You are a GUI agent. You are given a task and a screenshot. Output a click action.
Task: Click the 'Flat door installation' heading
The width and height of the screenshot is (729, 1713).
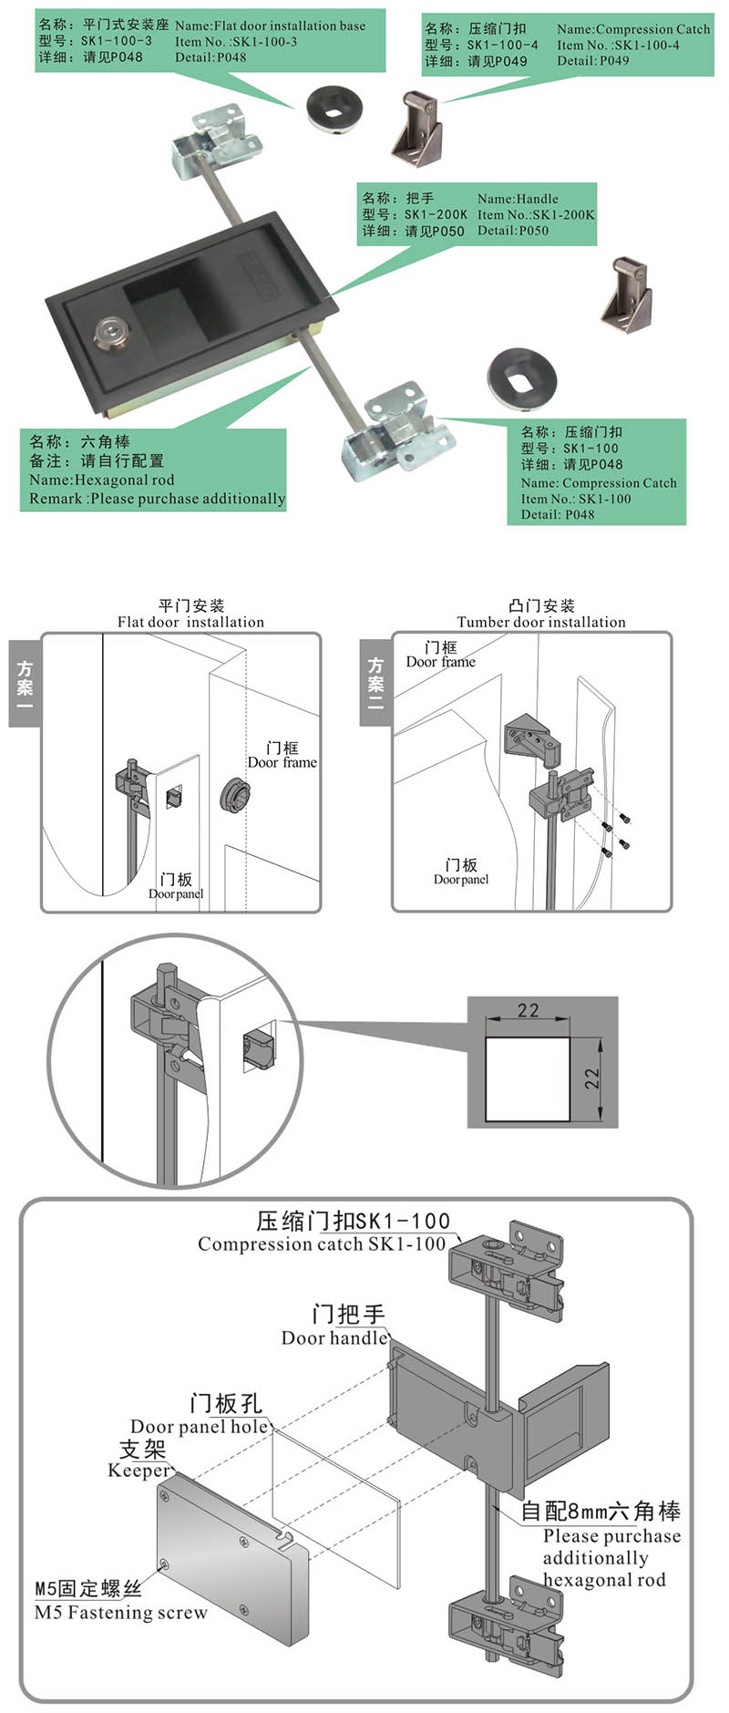click(190, 622)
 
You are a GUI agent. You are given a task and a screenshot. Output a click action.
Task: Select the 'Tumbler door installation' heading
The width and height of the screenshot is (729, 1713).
click(541, 622)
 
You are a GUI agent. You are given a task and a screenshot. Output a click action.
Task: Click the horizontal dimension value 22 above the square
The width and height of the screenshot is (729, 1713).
click(528, 1010)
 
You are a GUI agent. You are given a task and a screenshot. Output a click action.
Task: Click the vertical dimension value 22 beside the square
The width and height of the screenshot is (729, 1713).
click(593, 1078)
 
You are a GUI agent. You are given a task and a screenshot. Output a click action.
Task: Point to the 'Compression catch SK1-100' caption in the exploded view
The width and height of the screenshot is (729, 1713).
click(322, 1243)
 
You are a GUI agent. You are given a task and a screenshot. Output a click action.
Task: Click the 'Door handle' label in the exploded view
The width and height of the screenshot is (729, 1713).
click(334, 1337)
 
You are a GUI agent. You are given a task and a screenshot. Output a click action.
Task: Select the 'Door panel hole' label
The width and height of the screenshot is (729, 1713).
click(200, 1426)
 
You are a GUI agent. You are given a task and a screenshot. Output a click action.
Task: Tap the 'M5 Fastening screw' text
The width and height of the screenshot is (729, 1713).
click(120, 1613)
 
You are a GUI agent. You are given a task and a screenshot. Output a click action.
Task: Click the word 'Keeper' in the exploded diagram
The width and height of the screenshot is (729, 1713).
click(138, 1470)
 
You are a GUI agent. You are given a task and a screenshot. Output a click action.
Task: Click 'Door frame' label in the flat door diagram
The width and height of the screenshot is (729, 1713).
click(282, 762)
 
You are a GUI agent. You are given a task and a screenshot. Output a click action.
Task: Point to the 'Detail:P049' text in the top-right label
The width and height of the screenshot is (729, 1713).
click(593, 61)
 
